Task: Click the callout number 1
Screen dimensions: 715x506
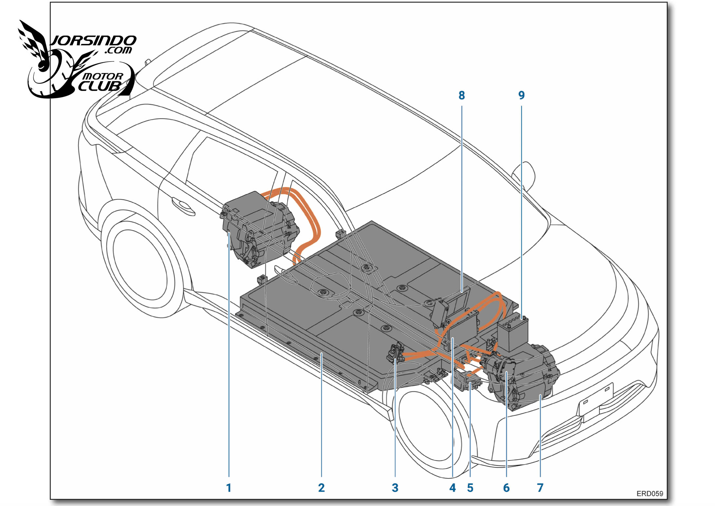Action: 229,488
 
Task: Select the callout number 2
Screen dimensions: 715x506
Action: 321,488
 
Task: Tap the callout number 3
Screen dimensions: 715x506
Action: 395,488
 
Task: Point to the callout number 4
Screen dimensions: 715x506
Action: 453,488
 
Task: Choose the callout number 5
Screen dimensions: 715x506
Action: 470,488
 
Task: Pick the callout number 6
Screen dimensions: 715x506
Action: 506,488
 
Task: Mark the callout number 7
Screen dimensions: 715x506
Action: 540,488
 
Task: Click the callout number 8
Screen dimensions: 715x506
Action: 462,95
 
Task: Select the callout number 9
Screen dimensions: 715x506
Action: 521,95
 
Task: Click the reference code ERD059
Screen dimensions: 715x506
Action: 650,494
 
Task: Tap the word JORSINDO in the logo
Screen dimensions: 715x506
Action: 93,41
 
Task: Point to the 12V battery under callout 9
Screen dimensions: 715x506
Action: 513,334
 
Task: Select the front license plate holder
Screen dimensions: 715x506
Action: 595,402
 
